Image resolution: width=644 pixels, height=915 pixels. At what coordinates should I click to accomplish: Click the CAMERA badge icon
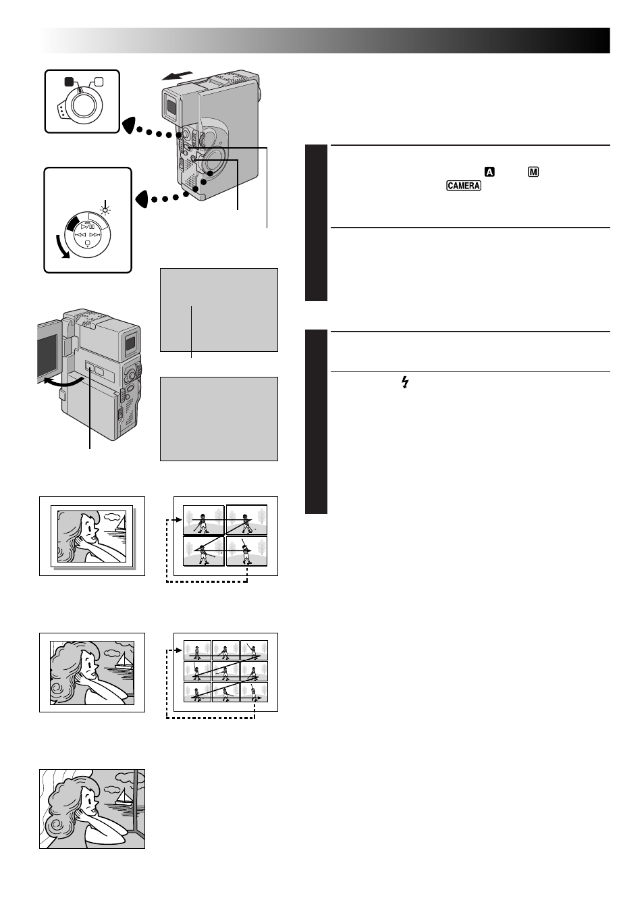pos(463,186)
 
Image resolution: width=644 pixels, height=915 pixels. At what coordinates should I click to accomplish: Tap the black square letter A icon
pos(489,172)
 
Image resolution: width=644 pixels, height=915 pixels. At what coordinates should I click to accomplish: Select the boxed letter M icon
pos(533,172)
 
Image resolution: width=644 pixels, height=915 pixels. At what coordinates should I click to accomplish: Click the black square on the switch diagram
pos(68,82)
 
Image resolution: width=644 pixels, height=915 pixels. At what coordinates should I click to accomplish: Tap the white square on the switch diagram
pos(99,82)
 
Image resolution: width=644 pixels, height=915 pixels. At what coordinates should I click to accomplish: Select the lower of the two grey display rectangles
pos(219,419)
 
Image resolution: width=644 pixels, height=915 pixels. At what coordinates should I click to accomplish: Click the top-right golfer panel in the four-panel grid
pos(246,520)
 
